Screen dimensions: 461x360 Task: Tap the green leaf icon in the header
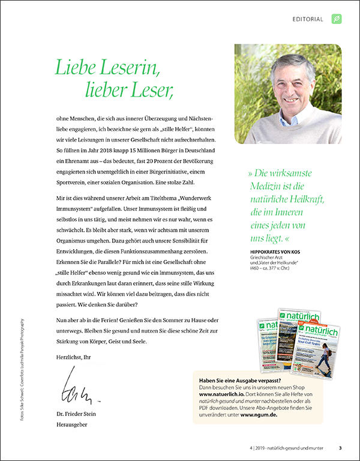coord(337,19)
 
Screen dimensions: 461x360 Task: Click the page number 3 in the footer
coord(340,447)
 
